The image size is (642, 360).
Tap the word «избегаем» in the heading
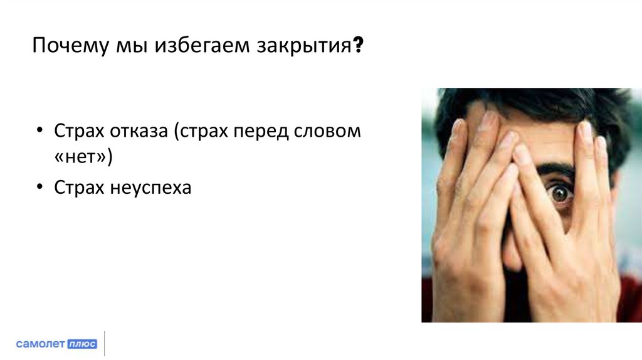[201, 48]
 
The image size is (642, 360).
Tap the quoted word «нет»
[82, 159]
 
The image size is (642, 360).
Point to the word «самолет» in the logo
[39, 344]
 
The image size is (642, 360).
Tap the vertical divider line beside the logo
[104, 344]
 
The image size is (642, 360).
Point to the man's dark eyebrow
[555, 170]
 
